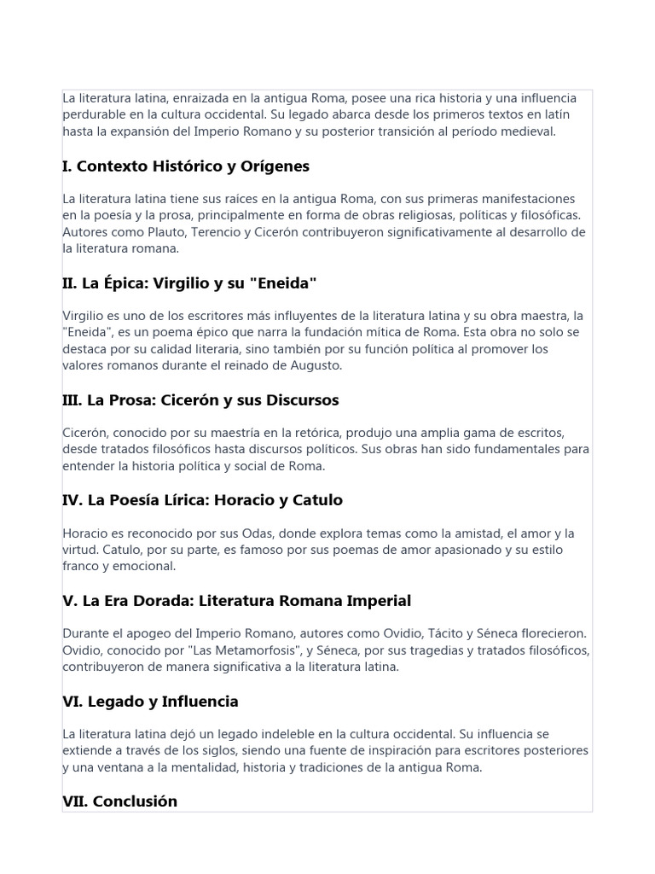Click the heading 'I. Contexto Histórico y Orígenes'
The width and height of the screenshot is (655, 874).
186,166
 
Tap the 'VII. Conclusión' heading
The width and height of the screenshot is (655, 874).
120,801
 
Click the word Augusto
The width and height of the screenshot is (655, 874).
316,365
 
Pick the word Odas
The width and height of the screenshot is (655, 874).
248,533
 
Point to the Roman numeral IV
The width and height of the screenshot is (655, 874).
71,500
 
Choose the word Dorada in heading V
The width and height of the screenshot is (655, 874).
162,601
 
